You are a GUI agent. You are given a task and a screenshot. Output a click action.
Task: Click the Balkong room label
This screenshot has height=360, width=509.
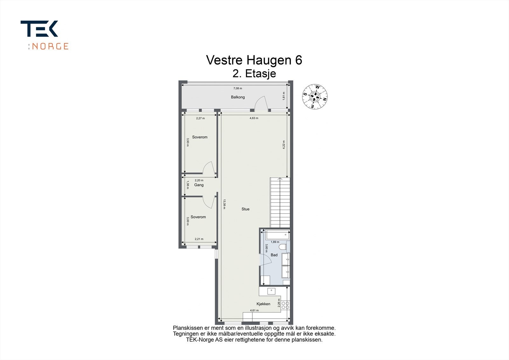[238, 97]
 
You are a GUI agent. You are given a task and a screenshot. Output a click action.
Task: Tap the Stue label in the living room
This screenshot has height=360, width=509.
[245, 209]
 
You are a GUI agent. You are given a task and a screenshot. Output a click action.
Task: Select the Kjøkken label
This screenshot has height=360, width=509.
[263, 304]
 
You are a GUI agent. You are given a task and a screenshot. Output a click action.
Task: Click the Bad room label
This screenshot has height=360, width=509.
[274, 255]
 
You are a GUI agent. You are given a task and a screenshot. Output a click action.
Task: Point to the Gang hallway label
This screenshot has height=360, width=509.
[199, 185]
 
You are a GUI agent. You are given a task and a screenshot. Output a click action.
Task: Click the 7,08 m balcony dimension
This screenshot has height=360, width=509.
[238, 88]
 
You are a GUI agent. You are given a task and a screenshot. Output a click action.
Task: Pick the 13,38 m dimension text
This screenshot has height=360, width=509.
[224, 204]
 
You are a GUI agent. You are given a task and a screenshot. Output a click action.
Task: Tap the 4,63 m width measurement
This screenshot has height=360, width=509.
[254, 118]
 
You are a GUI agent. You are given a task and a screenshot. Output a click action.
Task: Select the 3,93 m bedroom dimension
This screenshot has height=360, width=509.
[188, 142]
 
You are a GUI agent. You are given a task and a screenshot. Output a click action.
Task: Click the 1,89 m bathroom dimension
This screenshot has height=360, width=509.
[275, 242]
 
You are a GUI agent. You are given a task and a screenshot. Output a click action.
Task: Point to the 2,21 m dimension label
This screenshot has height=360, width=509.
[199, 239]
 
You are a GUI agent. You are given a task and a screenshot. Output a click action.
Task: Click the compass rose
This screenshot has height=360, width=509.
[315, 96]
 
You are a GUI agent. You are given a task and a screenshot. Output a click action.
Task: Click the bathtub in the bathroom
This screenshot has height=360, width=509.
[278, 235]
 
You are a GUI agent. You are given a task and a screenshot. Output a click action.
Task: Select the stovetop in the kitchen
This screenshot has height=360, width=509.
[285, 305]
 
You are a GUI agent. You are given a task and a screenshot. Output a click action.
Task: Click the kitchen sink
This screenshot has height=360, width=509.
[271, 291]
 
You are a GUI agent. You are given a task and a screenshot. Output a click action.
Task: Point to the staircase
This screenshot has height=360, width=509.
[280, 203]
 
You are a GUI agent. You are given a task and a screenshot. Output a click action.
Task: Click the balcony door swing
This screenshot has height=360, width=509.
[261, 104]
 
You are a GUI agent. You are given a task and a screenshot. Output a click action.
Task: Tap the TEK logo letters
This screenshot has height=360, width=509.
[39, 29]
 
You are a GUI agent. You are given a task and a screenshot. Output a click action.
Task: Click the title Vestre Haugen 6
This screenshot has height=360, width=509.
[254, 60]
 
